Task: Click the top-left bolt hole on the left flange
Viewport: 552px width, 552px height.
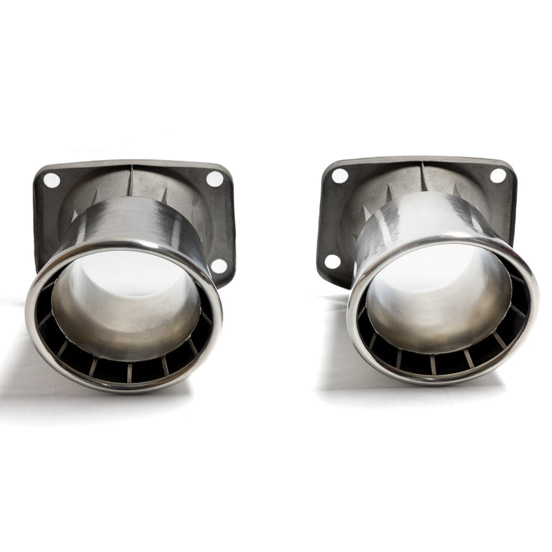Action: (52, 181)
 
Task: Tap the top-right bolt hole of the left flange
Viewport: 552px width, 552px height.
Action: (215, 179)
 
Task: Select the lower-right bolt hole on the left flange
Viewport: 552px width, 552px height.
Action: (219, 265)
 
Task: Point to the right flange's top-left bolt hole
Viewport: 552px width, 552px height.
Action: (339, 176)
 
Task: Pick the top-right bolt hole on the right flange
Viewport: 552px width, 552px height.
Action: (497, 175)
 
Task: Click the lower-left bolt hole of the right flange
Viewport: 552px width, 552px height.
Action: (333, 262)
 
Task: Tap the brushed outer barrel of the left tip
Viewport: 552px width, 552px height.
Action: (138, 217)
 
